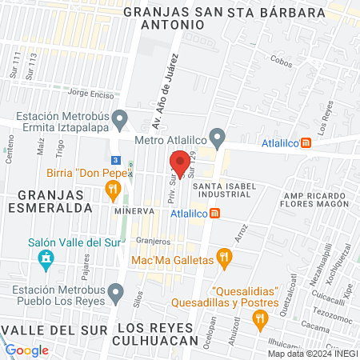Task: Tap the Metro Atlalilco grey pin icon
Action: [x=215, y=136]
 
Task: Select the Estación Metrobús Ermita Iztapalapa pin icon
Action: [x=120, y=120]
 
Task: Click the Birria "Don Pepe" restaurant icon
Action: [x=113, y=190]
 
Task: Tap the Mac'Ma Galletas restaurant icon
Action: [x=225, y=258]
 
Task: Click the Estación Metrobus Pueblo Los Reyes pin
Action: [x=118, y=294]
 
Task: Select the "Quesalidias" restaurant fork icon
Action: [x=258, y=319]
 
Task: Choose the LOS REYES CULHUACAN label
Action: [x=156, y=334]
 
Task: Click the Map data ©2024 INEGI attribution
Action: [x=312, y=354]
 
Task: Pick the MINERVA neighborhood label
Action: [x=134, y=210]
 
